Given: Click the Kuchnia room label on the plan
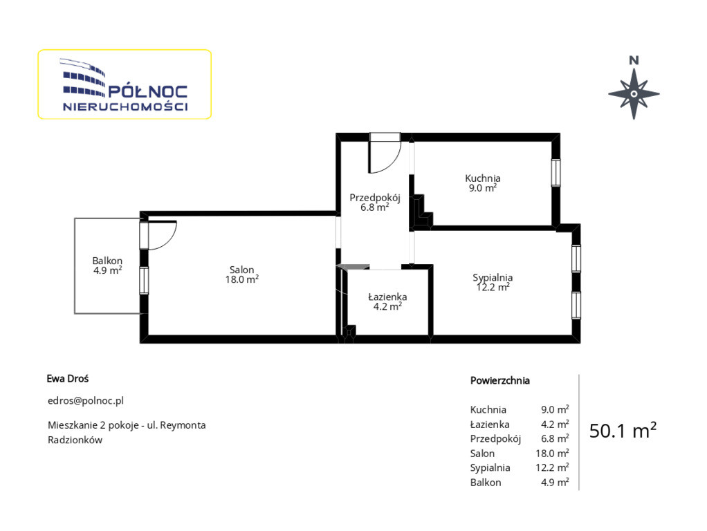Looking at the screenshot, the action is (482, 178).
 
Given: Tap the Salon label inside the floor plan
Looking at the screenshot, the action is (241, 270).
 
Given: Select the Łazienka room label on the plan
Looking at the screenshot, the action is (387, 297).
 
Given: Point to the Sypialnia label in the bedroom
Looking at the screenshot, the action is (493, 278).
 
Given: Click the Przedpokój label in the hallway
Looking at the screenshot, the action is (375, 198).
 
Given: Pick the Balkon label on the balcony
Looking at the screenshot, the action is (107, 261).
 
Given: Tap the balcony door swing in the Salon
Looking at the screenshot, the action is (161, 235).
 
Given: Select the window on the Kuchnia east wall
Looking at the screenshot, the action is (556, 173).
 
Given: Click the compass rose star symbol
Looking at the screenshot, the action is (634, 94).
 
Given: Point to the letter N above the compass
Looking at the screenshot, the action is (634, 60).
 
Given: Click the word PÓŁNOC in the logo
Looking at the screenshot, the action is (148, 92).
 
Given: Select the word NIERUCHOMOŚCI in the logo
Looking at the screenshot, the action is (125, 107).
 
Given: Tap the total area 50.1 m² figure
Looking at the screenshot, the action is (623, 431).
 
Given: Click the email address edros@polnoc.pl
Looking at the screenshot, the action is (86, 400).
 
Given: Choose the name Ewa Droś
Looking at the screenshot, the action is (68, 379).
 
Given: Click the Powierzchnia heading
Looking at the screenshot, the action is (499, 380).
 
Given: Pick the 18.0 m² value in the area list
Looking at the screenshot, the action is (552, 453).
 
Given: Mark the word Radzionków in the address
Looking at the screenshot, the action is (75, 440).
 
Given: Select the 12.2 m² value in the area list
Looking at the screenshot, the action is (552, 467).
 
